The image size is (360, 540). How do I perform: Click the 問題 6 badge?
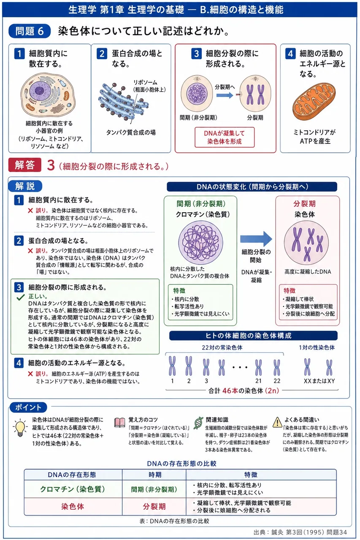coord(30,31)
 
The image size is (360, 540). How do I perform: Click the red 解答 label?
coord(24,165)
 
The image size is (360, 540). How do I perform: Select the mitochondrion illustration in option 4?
coord(314,102)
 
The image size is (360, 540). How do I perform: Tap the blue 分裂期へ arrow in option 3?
coord(225,95)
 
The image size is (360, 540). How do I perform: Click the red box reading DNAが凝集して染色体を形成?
coord(225,137)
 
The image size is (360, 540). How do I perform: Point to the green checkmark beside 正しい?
coord(21,298)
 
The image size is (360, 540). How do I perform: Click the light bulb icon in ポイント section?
coord(20,428)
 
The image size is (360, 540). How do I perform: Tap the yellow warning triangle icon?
coord(277,422)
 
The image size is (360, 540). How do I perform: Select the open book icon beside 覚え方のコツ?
coord(119,422)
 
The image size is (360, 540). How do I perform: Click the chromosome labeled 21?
coord(258,367)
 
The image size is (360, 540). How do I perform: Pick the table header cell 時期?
coord(154,475)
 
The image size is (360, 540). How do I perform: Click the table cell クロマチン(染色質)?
coord(73,489)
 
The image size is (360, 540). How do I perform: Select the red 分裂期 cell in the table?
coord(154,506)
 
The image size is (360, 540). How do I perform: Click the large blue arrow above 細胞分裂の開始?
coord(256,239)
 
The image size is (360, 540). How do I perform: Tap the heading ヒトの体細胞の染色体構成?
coord(249,335)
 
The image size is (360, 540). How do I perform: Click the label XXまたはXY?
coord(319,381)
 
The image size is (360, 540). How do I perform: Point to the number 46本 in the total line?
coord(230,391)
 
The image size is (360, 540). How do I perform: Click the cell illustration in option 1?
coord(48,94)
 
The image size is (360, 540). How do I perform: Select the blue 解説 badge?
coord(25,186)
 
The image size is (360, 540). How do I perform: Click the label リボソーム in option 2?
coord(146,82)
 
